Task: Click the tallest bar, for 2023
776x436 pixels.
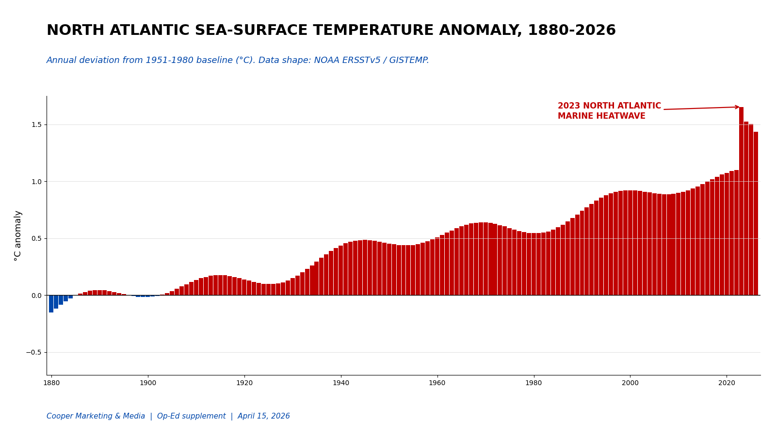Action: [x=741, y=201]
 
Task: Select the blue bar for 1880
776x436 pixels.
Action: [x=51, y=304]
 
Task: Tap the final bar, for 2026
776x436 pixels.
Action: [x=756, y=213]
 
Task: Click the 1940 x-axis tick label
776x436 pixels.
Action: [x=341, y=383]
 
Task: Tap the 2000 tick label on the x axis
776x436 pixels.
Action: [x=630, y=383]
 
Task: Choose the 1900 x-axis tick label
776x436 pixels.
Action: [x=148, y=383]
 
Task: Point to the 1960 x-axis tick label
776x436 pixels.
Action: [x=437, y=383]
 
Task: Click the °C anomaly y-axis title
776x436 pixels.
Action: [x=18, y=235]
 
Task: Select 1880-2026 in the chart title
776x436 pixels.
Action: [x=571, y=31]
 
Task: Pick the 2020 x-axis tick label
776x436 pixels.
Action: [x=727, y=383]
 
